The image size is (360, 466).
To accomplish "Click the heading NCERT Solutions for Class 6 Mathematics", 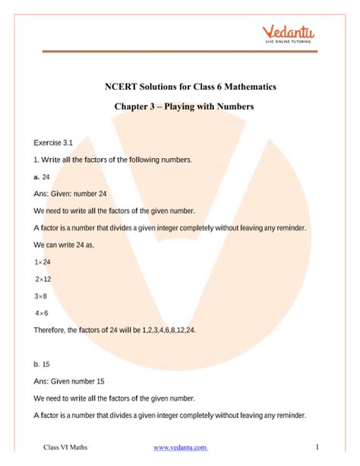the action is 179,87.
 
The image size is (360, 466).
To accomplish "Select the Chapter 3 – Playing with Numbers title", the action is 179,107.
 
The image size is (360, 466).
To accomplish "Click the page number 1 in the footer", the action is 316,446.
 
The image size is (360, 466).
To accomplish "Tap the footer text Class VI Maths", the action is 65,447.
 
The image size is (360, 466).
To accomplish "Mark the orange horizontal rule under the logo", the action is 179,52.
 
